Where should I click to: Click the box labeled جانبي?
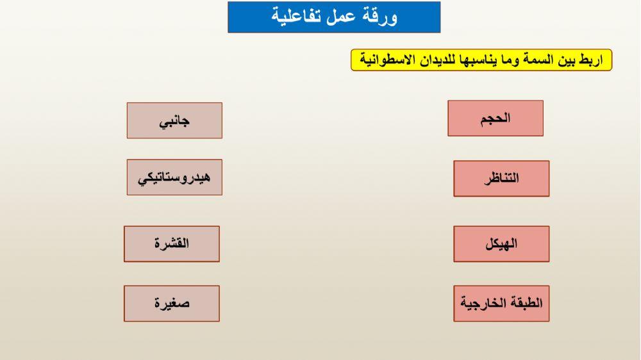pyautogui.click(x=174, y=120)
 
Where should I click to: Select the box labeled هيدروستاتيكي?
pyautogui.click(x=174, y=177)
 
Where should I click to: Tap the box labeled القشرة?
pyautogui.click(x=172, y=244)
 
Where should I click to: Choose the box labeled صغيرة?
pyautogui.click(x=172, y=304)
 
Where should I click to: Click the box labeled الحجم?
pyautogui.click(x=495, y=119)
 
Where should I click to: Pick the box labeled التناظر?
pyautogui.click(x=501, y=179)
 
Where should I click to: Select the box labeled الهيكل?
pyautogui.click(x=501, y=244)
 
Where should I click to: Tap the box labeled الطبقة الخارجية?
pyautogui.click(x=501, y=304)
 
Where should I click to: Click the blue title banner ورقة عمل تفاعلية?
pyautogui.click(x=334, y=17)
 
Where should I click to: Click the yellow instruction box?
pyautogui.click(x=481, y=60)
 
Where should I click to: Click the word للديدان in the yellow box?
pyautogui.click(x=438, y=60)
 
